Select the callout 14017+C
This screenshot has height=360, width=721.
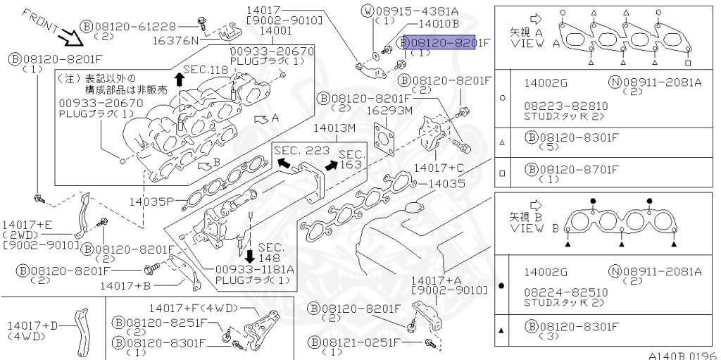tap(439, 168)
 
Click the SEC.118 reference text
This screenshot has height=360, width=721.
tap(206, 70)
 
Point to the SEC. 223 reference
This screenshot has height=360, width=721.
tap(301, 151)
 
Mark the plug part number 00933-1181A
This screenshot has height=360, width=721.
tap(254, 269)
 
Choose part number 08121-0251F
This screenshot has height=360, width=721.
tap(356, 342)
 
